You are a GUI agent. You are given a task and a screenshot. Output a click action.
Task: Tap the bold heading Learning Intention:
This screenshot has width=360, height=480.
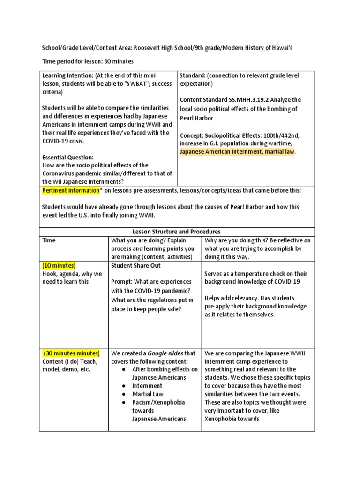(x=67, y=75)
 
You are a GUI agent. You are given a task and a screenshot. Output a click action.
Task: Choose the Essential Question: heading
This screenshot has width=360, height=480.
(x=68, y=157)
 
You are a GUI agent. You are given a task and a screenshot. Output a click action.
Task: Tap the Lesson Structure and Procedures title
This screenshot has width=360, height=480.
(x=177, y=232)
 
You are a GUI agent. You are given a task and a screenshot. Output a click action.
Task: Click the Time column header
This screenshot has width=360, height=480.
(x=49, y=240)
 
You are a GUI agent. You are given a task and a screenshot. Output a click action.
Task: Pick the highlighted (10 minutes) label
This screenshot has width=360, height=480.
(x=59, y=265)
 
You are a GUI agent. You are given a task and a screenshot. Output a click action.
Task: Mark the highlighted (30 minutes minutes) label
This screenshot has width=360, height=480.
(x=72, y=353)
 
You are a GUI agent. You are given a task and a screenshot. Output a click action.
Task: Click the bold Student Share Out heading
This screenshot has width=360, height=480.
(x=135, y=265)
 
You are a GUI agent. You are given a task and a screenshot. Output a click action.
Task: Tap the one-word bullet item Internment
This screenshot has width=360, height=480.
(x=147, y=386)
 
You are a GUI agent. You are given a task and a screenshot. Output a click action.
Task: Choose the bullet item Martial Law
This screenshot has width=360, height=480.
(x=148, y=394)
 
